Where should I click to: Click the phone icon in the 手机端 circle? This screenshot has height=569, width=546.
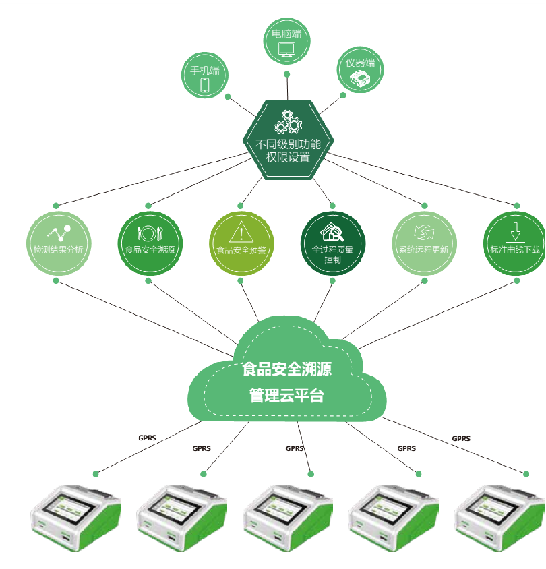[205, 85]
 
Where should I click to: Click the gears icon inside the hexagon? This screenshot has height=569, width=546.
[287, 121]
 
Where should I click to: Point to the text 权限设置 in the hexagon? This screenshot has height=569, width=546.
[287, 157]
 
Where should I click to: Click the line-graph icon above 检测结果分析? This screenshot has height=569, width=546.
[59, 233]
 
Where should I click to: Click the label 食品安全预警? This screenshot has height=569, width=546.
[239, 249]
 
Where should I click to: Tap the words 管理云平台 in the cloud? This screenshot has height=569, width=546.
[286, 395]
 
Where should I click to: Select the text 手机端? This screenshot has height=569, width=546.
[205, 70]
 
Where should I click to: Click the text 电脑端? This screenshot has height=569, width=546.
[286, 32]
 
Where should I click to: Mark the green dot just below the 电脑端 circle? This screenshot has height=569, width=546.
[286, 74]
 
